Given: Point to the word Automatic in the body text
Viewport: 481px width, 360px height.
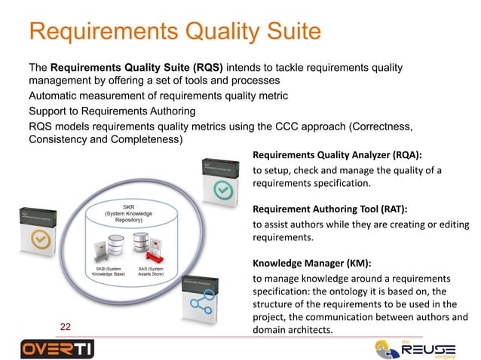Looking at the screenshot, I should [56, 96].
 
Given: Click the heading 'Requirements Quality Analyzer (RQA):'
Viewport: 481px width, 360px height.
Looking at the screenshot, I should [336, 156].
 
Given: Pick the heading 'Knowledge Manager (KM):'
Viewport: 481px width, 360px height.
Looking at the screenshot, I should [311, 264].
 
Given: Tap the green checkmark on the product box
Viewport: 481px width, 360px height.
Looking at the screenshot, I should [222, 191].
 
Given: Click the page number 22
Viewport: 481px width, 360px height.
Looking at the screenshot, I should [66, 326].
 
